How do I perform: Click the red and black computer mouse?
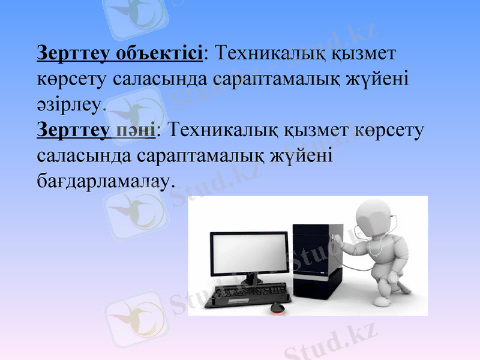(277, 307)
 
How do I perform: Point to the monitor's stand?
(251, 280)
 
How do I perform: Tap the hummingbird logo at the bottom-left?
(136, 318)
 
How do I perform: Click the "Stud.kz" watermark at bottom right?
(330, 342)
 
